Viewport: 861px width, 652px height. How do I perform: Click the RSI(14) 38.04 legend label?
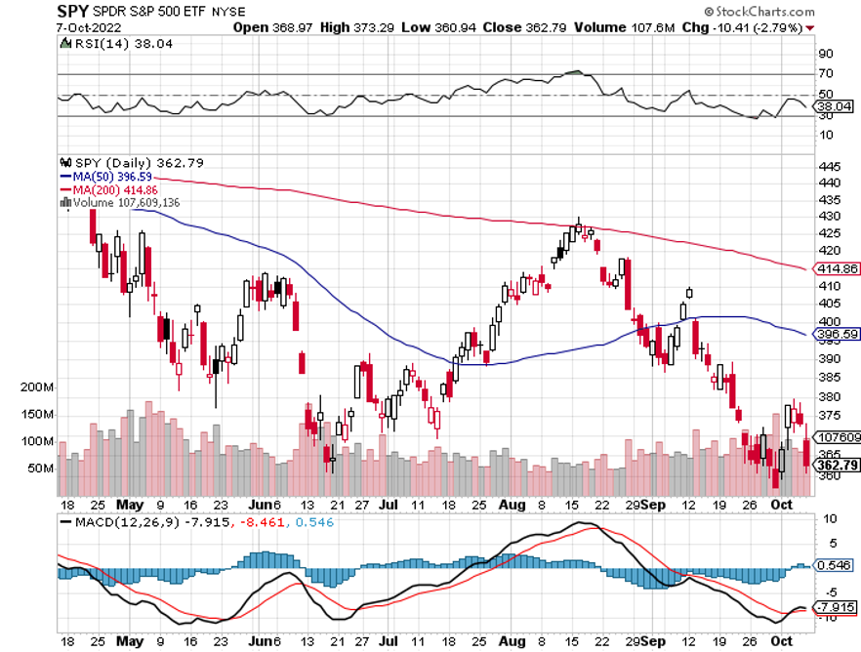click(100, 43)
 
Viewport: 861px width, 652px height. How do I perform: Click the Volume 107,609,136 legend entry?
click(125, 202)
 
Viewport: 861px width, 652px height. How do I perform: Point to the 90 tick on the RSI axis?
click(825, 54)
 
